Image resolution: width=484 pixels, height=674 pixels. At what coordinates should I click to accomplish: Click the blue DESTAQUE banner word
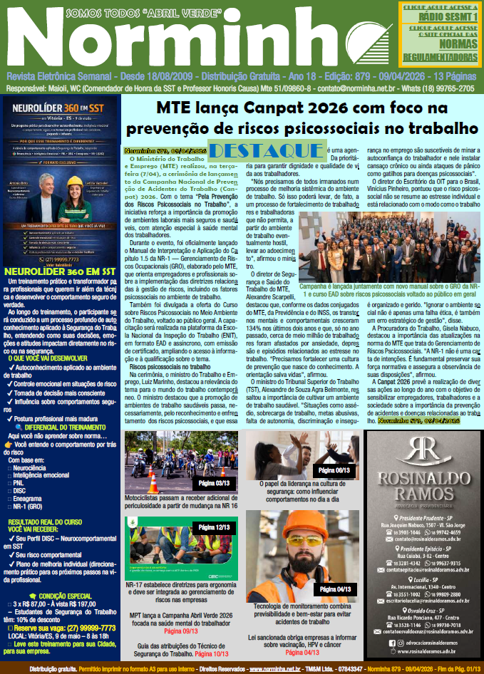pyautogui.click(x=267, y=150)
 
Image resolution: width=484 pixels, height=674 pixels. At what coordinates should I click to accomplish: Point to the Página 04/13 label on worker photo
pyautogui.click(x=334, y=589)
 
